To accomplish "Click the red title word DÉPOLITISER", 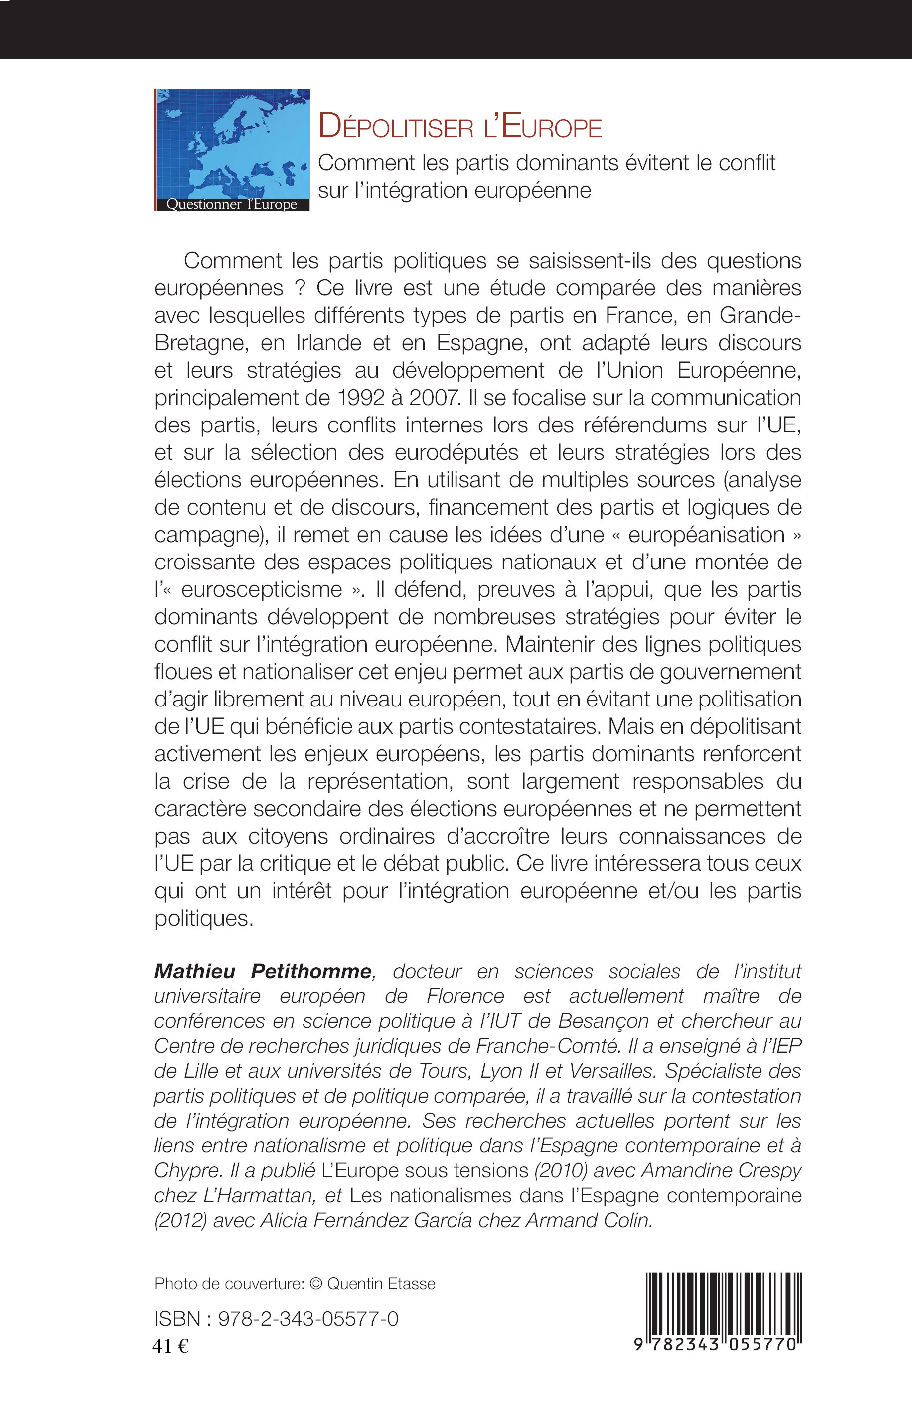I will coord(402,128).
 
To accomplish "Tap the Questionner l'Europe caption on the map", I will coord(232,205).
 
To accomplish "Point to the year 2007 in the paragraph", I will coord(428,398).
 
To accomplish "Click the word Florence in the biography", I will coord(465,996).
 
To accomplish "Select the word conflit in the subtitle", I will coord(746,162).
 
